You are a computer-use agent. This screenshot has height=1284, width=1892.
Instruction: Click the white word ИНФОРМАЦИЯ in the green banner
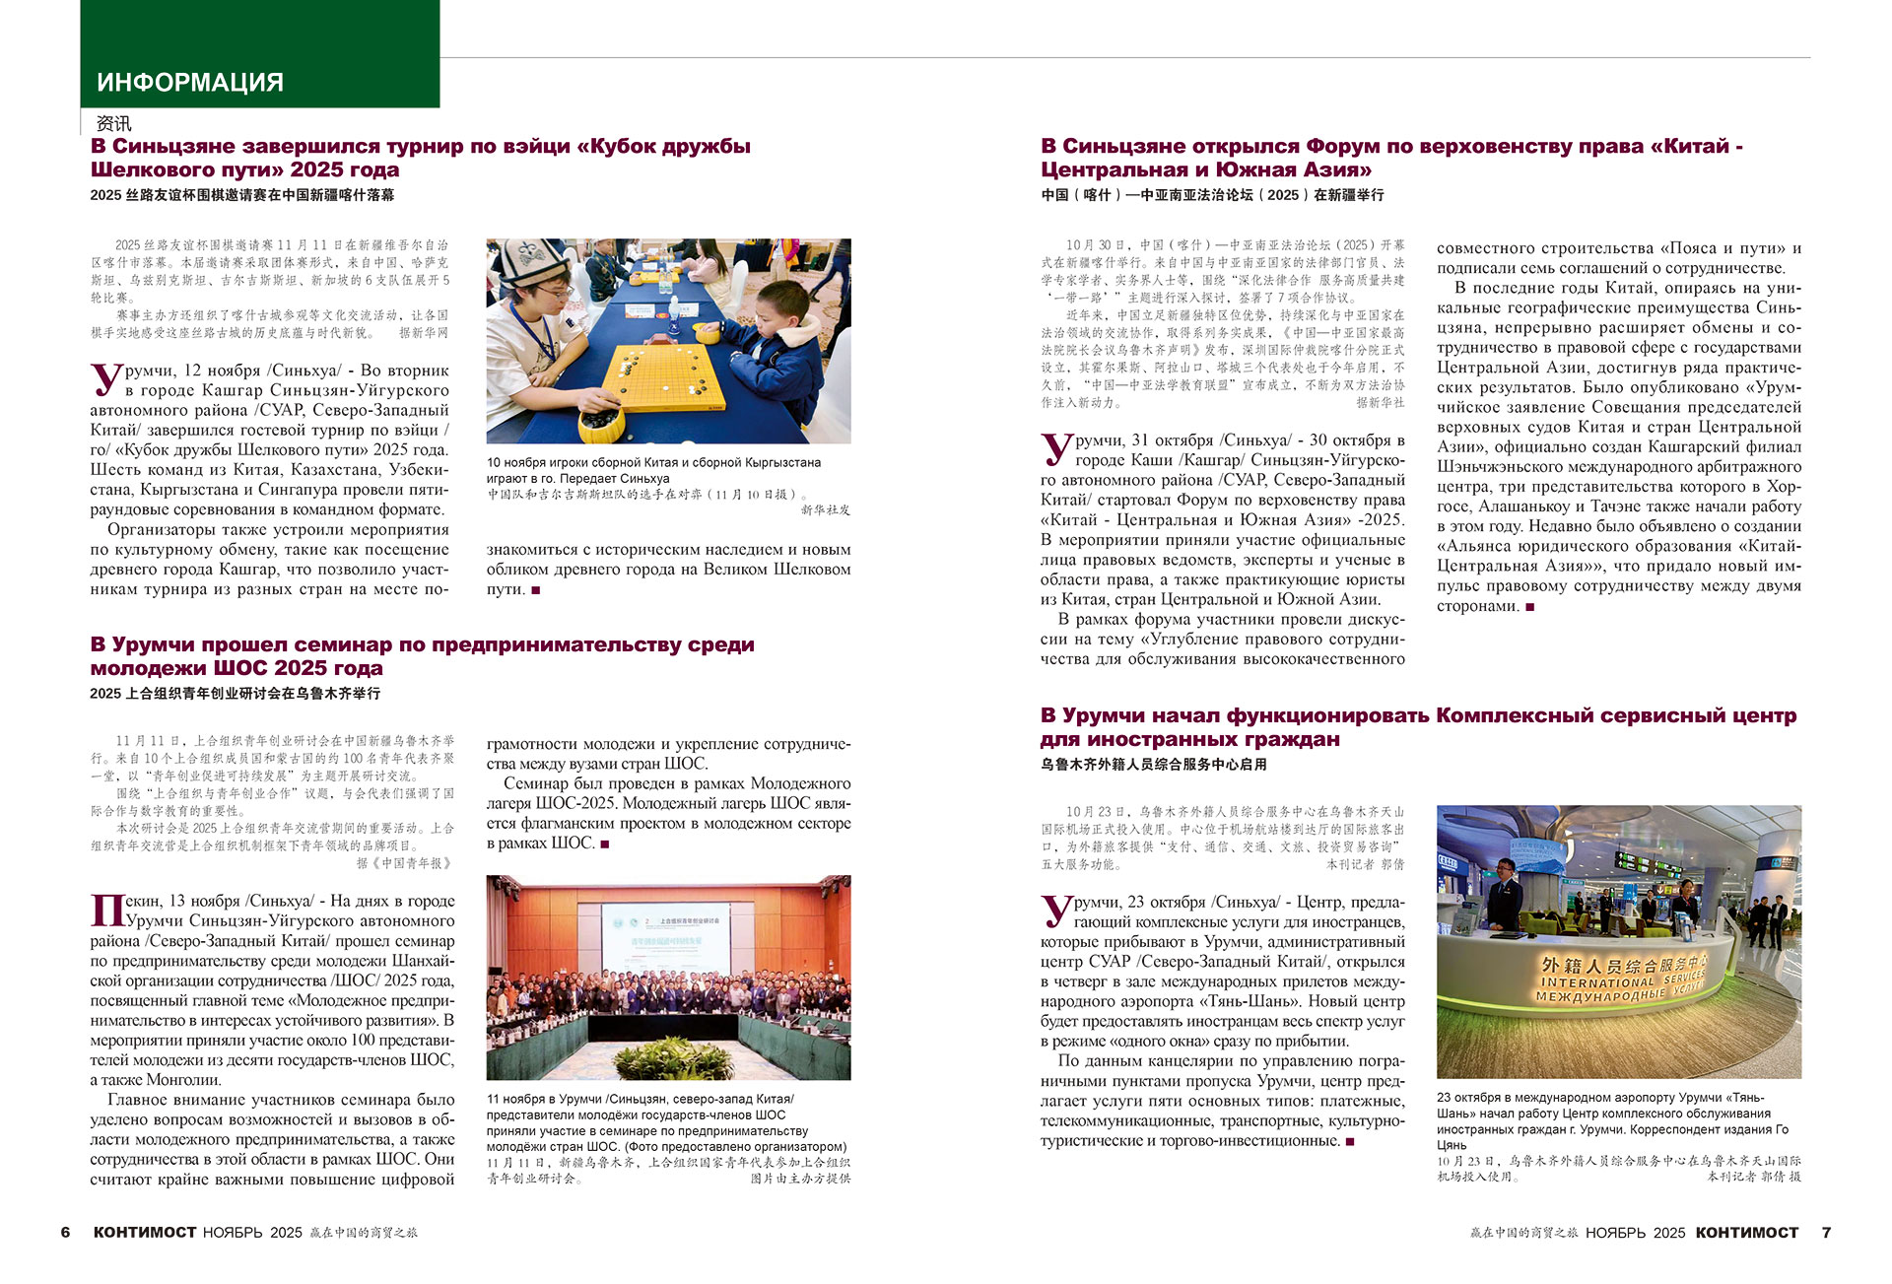[190, 83]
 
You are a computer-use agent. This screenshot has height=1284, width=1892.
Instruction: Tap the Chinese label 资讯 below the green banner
[114, 124]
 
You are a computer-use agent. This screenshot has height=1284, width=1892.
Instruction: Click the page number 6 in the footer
[66, 1233]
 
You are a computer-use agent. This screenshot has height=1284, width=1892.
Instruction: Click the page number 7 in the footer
[1826, 1233]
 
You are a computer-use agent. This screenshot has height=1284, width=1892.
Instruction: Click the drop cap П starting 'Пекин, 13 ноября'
[106, 910]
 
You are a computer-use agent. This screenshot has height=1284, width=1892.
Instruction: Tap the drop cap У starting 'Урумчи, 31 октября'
[1056, 448]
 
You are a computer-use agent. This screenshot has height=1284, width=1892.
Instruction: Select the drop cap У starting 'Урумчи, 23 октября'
[1056, 910]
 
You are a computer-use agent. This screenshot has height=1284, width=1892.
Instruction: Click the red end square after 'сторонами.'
[1530, 607]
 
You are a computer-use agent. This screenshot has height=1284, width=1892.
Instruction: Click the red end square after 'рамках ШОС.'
[605, 845]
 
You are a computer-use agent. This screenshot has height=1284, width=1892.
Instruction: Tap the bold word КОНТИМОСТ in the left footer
[145, 1233]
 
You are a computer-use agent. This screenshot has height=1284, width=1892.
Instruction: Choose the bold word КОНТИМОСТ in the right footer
[1747, 1233]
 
